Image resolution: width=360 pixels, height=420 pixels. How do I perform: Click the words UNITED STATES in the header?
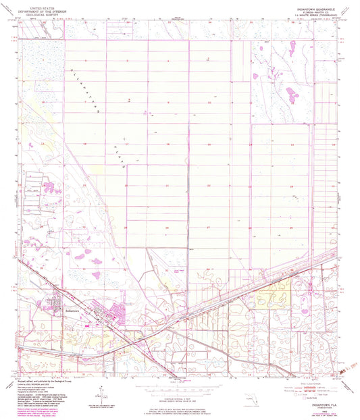[41, 4]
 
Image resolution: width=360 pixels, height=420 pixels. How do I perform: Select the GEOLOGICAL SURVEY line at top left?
[41, 14]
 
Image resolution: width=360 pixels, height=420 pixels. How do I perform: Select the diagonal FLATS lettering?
[120, 153]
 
